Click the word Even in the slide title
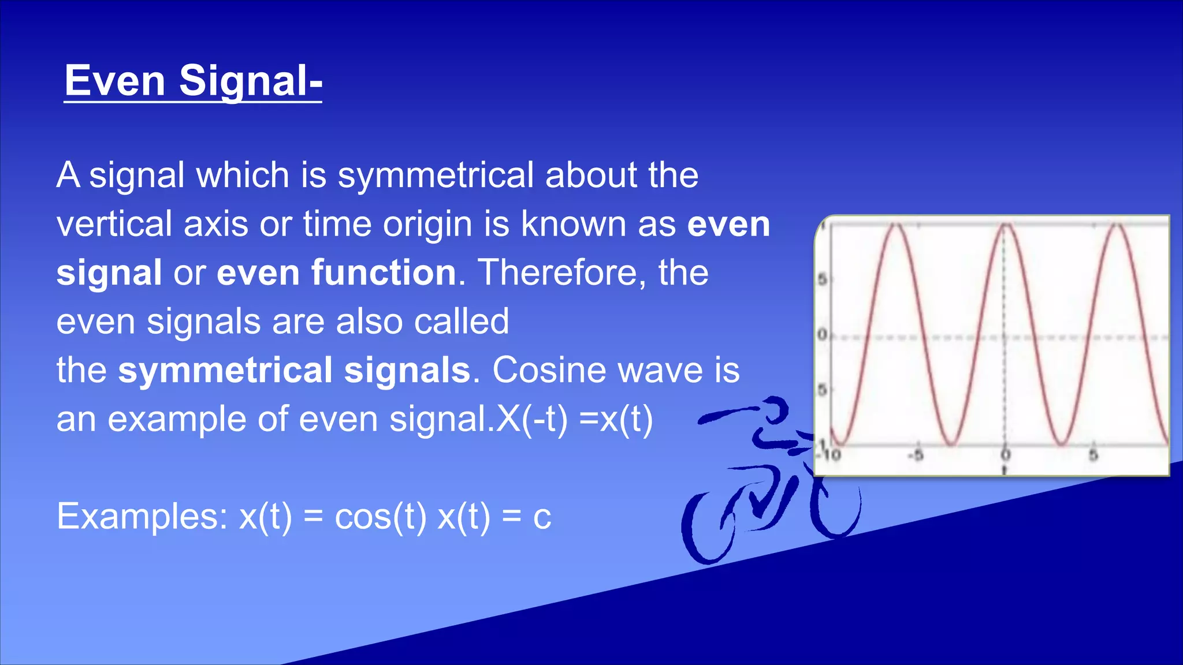[x=114, y=81]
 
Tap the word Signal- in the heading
[x=250, y=82]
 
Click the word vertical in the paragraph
[x=114, y=224]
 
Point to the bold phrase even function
[x=337, y=272]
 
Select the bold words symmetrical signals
[x=294, y=370]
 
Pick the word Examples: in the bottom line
[x=142, y=517]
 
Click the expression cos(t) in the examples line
[x=380, y=517]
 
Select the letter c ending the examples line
[x=542, y=518]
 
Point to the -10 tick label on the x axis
[x=831, y=455]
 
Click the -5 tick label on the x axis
[x=916, y=455]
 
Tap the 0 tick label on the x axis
[x=1005, y=455]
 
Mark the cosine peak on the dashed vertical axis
[x=1005, y=225]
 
